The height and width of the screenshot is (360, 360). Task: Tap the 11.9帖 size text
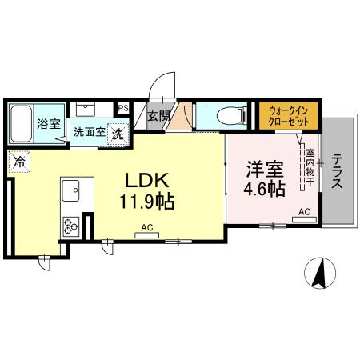(x=148, y=200)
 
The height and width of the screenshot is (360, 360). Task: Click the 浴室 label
(x=48, y=124)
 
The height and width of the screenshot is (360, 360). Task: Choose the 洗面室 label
(x=89, y=132)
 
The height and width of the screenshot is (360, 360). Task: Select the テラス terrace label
(x=338, y=170)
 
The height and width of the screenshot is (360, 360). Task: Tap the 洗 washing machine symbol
(x=118, y=134)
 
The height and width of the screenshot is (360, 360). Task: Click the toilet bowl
(x=229, y=114)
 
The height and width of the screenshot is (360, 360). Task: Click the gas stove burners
(x=70, y=226)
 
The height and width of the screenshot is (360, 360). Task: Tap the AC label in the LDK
(x=146, y=228)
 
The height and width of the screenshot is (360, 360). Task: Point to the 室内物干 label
(x=310, y=170)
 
